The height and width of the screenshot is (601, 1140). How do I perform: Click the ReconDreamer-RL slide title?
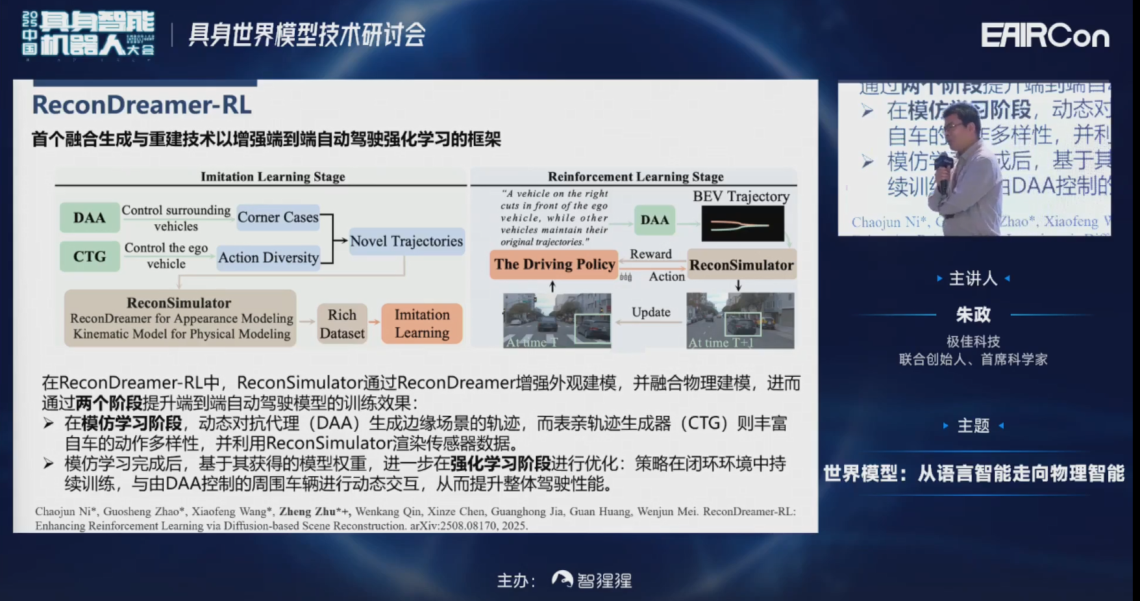[142, 105]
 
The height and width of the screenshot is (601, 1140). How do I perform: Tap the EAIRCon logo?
[1045, 36]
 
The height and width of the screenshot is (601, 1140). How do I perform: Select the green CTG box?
[90, 256]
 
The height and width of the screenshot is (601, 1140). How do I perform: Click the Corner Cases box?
[278, 218]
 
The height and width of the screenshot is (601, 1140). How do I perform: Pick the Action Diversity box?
[268, 257]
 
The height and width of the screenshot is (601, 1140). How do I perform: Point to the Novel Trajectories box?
[406, 241]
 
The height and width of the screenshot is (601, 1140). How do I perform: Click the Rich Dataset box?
[342, 324]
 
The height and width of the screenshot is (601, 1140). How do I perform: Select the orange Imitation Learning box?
[422, 324]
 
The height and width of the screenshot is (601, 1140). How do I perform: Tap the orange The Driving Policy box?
[554, 264]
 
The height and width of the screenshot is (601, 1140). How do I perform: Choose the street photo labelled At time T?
[557, 320]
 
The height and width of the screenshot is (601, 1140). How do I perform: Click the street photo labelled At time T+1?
[740, 320]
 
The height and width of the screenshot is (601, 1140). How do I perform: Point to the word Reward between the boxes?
[651, 254]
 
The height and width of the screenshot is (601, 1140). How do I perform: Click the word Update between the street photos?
[651, 313]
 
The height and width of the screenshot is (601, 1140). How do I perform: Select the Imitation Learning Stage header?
[273, 177]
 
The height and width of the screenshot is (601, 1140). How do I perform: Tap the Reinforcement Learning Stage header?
[635, 177]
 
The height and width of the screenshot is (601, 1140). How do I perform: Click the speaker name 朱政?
[973, 315]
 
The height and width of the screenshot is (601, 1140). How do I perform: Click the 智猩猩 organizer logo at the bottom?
[591, 580]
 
